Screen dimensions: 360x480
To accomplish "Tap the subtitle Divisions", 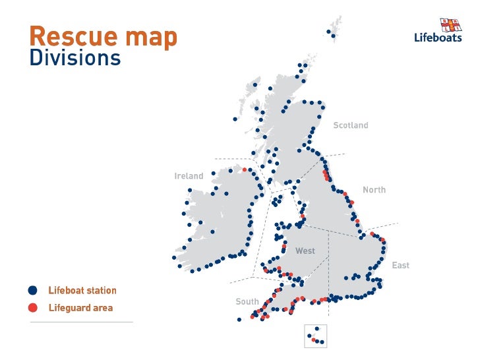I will pos(75,58).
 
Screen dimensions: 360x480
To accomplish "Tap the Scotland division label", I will pos(350,125).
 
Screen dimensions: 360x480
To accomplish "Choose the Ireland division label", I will pos(189,176).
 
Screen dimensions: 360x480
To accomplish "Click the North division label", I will pos(374,190).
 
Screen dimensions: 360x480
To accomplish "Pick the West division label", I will pos(305,251).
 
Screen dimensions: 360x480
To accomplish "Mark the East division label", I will pos(400,265).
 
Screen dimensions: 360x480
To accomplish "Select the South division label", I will pos(247,301).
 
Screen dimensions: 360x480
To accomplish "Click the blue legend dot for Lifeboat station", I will pos(33,290).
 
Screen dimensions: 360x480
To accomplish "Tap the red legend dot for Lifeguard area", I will pos(33,307).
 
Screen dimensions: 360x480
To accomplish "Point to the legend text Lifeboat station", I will pos(82,290).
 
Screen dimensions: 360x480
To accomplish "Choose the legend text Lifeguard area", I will pos(80,307).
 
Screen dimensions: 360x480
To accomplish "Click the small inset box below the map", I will pos(315,336).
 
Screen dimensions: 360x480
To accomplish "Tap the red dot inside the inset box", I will pos(314,340).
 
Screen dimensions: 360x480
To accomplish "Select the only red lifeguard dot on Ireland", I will pos(245,169).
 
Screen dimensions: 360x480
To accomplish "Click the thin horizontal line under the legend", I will pos(81,322).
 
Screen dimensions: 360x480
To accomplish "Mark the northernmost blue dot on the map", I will pos(328,30).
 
